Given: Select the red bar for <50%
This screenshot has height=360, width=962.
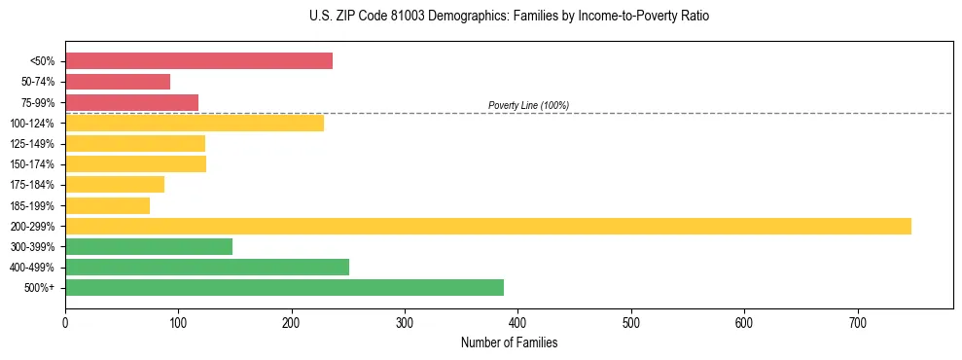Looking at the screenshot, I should coord(198,60).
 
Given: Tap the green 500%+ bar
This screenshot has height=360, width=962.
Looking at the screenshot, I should coord(284,287).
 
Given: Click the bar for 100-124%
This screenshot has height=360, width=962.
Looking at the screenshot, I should coord(195,123).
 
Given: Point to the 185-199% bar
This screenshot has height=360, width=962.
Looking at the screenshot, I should coord(107,205).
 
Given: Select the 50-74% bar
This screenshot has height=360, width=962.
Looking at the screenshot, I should coord(118,82).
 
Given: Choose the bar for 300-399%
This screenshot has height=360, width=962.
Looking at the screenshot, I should coord(149,246).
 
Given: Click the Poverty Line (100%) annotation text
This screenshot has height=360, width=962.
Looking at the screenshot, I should coord(528,105).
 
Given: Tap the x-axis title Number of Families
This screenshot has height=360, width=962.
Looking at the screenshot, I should coord(509,342).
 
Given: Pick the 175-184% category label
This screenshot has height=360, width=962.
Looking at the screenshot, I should coord(32,185).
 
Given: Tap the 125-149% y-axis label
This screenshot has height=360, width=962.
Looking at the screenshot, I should coord(32,144).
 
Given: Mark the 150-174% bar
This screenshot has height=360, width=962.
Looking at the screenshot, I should coord(135,163).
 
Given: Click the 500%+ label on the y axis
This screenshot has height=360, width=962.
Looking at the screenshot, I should coord(40,288).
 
